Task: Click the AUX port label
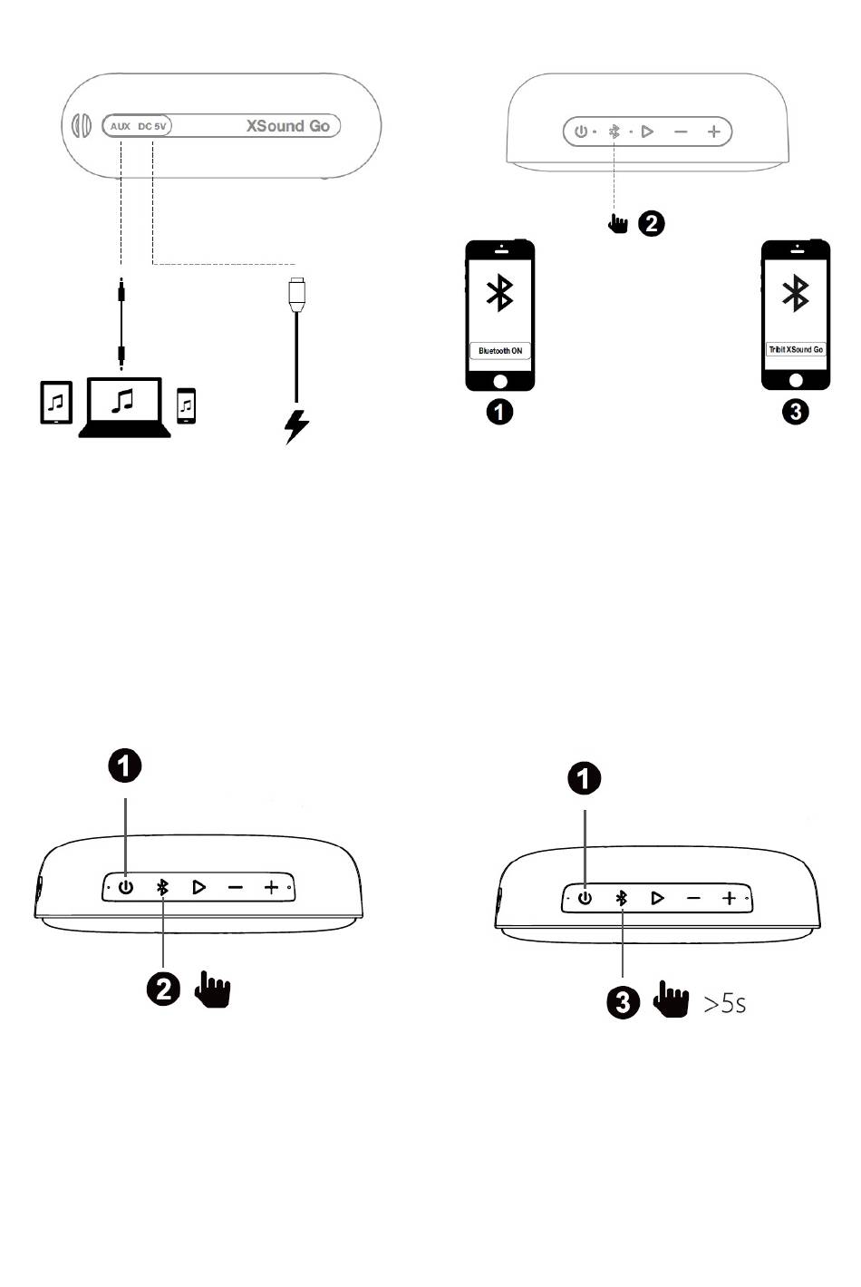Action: [x=121, y=126]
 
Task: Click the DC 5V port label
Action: [x=152, y=126]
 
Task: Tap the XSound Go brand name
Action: [x=287, y=126]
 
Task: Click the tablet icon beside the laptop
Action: [x=56, y=402]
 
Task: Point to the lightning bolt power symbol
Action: [x=296, y=425]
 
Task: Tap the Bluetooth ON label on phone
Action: [x=500, y=351]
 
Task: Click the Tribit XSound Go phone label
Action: [x=796, y=349]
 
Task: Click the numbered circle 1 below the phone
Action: [x=499, y=412]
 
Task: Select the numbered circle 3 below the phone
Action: [x=795, y=412]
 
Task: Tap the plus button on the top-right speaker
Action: [x=714, y=132]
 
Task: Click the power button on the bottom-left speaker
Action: [x=126, y=887]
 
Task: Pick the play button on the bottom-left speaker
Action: [x=198, y=887]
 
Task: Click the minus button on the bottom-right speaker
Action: [x=693, y=899]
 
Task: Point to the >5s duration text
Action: [x=725, y=1003]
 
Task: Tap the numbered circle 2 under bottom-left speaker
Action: [x=164, y=988]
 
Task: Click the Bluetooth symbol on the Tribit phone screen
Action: [x=796, y=293]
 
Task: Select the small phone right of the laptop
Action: [x=186, y=405]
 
